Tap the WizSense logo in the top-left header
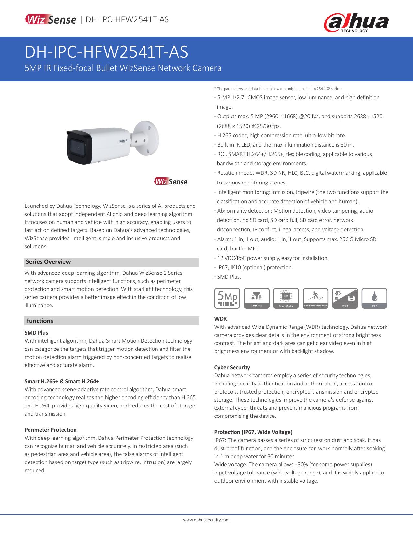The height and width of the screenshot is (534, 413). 51,20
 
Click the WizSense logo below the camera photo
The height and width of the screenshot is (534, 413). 171,182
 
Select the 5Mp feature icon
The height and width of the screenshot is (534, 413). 227,298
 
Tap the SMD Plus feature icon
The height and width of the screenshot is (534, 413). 257,298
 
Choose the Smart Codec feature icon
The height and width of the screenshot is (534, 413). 286,298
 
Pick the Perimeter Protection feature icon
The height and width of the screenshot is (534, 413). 315,298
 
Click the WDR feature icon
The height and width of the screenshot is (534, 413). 345,298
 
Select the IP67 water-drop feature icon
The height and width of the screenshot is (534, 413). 374,298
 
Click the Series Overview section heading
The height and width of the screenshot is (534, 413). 48,262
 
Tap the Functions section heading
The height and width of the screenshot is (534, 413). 40,321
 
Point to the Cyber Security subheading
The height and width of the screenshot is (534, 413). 232,367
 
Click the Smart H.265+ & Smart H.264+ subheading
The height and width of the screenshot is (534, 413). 62,381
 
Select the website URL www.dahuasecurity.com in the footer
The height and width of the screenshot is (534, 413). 206,520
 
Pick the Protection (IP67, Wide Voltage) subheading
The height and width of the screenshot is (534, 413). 253,432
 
